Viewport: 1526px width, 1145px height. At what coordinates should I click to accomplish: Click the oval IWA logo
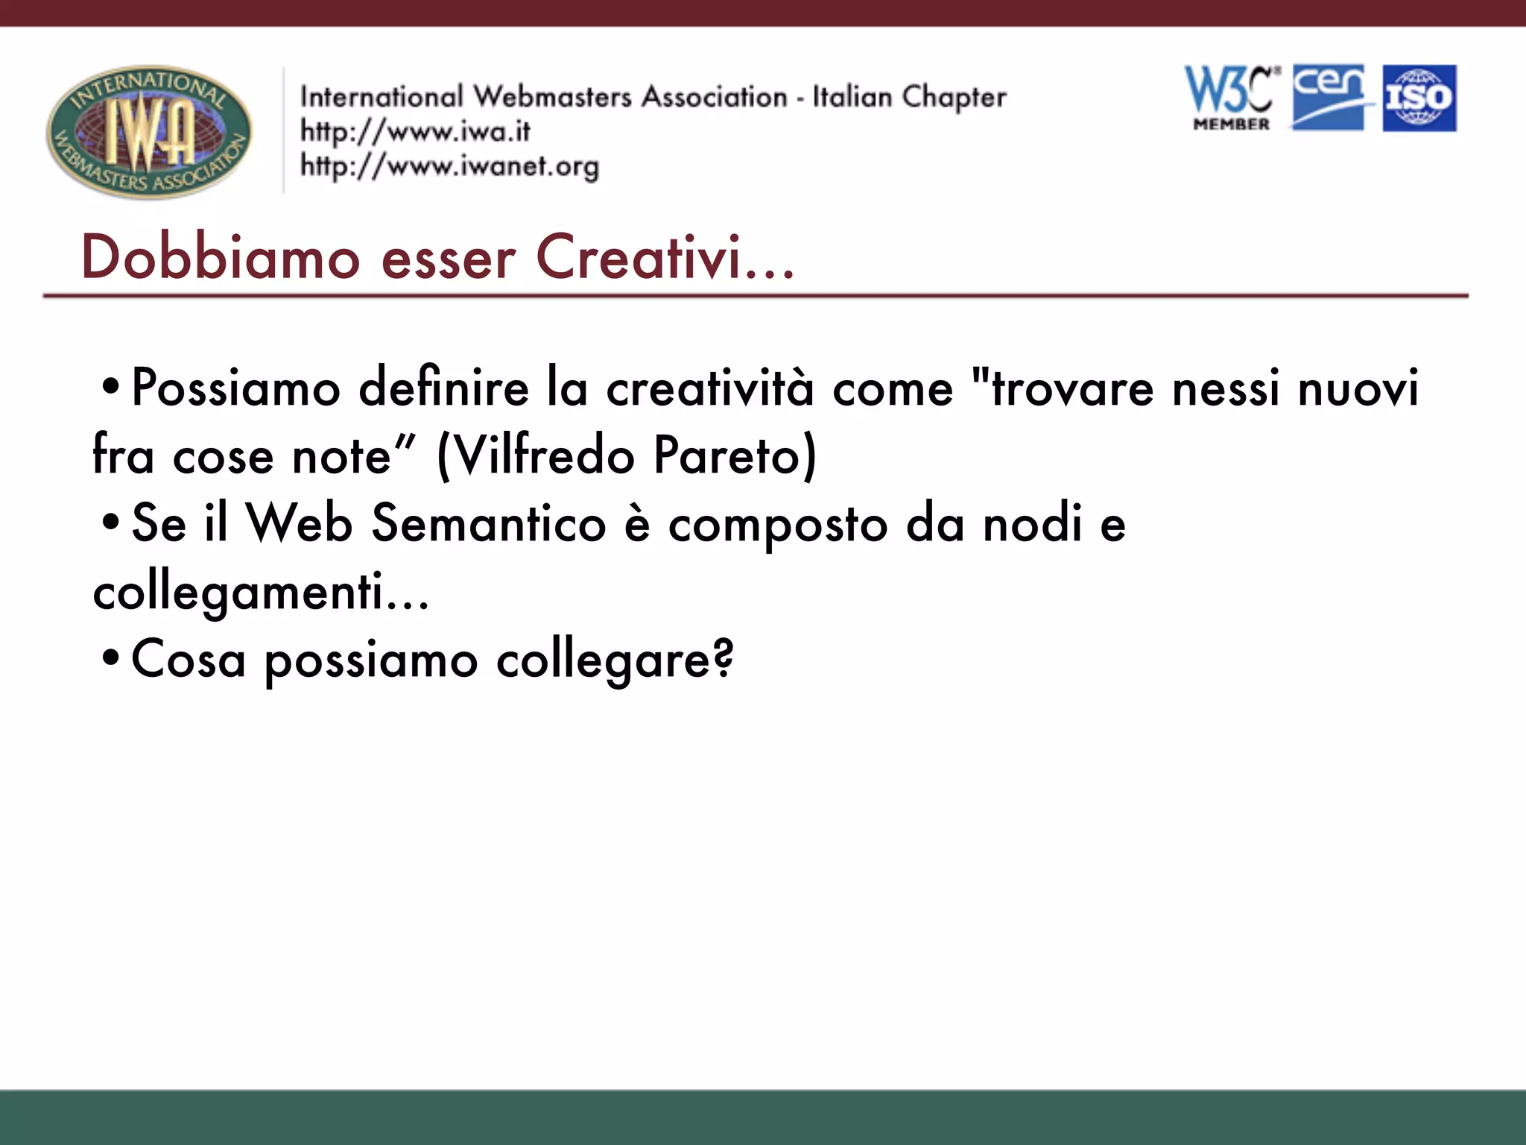point(149,131)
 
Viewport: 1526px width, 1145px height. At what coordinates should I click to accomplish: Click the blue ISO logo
point(1419,98)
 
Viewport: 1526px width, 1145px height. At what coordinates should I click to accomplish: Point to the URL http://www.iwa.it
point(415,131)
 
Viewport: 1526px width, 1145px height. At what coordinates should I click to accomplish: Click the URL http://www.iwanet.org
point(449,165)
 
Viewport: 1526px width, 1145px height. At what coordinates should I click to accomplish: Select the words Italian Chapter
point(908,97)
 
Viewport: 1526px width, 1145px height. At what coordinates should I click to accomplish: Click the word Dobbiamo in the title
point(221,257)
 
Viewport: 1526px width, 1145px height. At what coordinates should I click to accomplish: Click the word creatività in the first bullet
point(710,388)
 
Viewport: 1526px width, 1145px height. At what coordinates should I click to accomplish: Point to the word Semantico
point(489,523)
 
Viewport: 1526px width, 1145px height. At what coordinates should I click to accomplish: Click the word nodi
point(1032,523)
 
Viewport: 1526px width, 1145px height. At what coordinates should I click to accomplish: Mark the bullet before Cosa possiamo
point(110,659)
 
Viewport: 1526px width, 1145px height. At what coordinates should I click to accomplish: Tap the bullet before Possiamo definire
point(110,388)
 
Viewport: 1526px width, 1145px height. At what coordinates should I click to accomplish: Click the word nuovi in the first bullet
point(1358,388)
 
